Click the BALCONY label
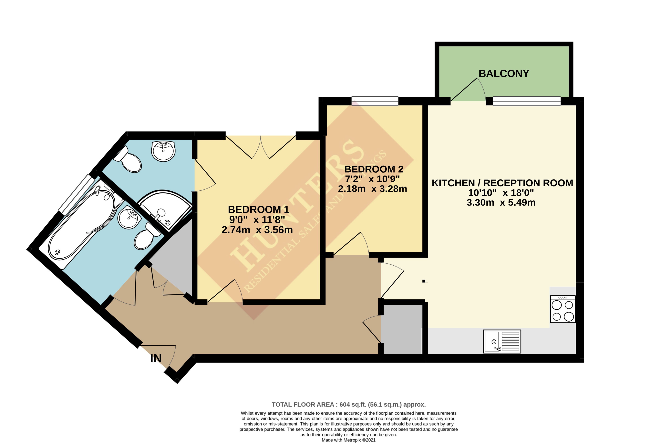[x=504, y=74]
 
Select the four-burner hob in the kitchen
[x=562, y=309]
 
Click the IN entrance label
[x=156, y=358]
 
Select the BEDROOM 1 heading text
[x=258, y=210]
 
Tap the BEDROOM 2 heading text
[x=374, y=169]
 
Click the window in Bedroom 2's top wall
[x=375, y=101]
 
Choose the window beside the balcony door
[x=527, y=101]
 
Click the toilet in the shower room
[x=128, y=159]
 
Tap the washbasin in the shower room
[x=163, y=151]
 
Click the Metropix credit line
[x=348, y=440]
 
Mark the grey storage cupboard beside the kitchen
[x=402, y=329]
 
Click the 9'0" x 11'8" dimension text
[x=257, y=220]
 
